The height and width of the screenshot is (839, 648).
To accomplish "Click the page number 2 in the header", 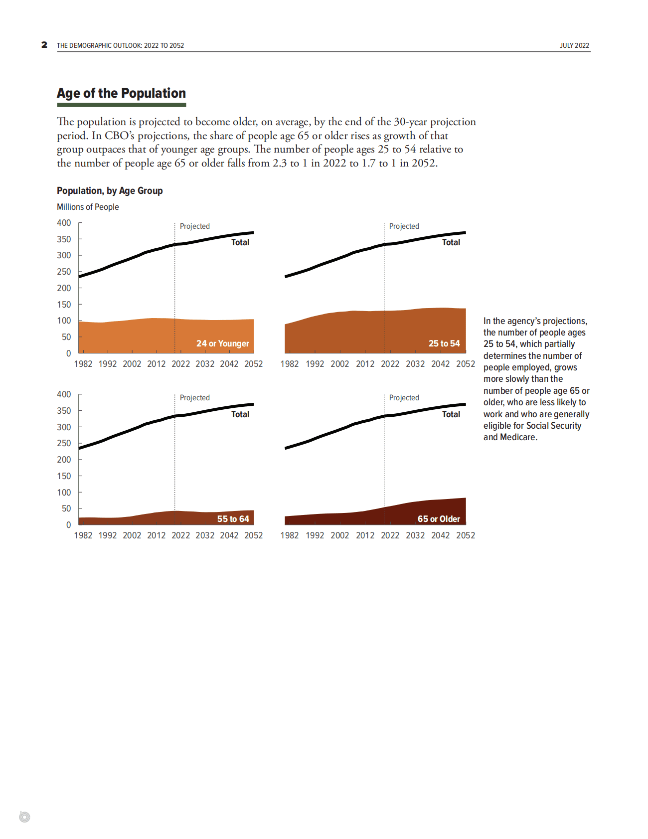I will [x=44, y=45].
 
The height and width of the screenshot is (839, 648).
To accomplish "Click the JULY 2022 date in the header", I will [x=574, y=45].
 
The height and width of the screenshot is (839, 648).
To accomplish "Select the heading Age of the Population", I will [x=121, y=93].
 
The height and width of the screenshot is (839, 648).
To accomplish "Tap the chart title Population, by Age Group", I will [x=110, y=190].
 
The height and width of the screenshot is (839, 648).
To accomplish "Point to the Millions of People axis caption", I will [x=88, y=207].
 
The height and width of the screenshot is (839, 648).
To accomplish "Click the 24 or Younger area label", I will [x=222, y=343].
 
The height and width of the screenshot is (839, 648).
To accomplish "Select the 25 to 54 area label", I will [x=444, y=343].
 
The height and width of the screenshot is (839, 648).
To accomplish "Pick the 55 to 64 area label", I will [x=233, y=519].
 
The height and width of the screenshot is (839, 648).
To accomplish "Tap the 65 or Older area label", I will [x=439, y=519].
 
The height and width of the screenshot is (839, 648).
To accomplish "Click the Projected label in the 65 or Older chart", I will [x=404, y=398].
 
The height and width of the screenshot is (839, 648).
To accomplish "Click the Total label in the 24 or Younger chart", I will [x=240, y=242].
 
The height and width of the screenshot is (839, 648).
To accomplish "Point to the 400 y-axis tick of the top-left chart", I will [x=64, y=223].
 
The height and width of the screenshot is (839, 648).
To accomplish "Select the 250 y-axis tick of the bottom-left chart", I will [x=64, y=443].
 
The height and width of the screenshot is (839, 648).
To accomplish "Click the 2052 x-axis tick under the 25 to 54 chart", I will [x=466, y=364].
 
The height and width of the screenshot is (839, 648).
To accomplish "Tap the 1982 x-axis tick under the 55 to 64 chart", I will [x=83, y=535].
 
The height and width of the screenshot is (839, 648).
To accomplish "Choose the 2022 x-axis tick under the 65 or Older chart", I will [x=390, y=535].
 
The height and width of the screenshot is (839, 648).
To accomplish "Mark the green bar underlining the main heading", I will [x=121, y=105].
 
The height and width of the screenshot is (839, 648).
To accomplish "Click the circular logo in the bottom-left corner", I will [x=24, y=817].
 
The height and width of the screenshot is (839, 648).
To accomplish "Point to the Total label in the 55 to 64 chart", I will [x=240, y=414].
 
